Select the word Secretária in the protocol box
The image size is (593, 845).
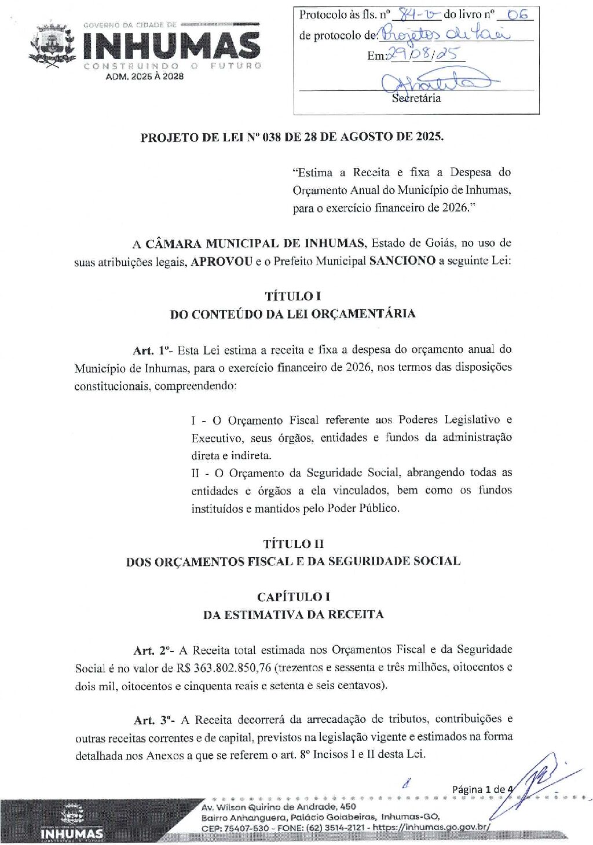(x=416, y=98)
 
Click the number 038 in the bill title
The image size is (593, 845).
(x=272, y=137)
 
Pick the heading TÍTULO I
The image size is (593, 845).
(x=292, y=296)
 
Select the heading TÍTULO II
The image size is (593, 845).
(x=293, y=543)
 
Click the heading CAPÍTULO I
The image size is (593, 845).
(x=293, y=597)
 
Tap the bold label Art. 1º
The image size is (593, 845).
(x=152, y=350)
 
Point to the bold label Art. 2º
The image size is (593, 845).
(x=153, y=650)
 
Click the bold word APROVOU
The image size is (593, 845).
(x=221, y=261)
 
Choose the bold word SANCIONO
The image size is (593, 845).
(x=402, y=261)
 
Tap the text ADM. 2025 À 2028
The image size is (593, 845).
(x=144, y=76)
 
